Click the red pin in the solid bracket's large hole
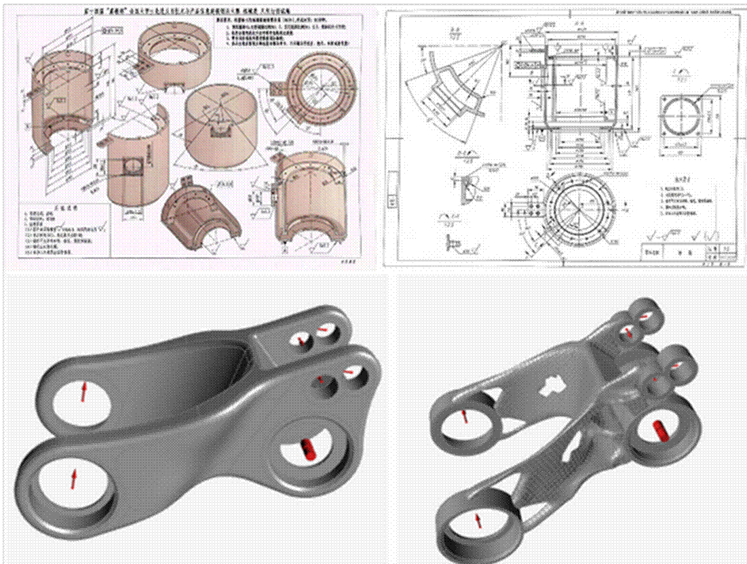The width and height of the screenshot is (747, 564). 308,448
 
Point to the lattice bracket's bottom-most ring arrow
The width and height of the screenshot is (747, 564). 479,520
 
